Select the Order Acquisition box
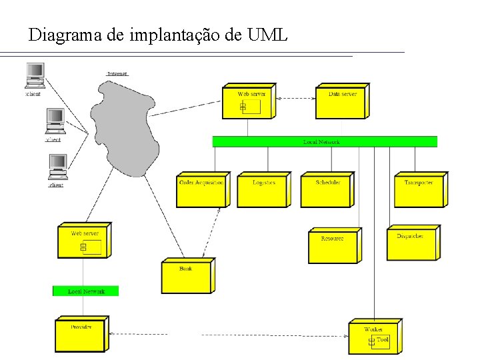click(201, 191)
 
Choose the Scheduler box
click(327, 191)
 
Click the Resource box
click(333, 247)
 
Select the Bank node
click(187, 277)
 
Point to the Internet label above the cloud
click(117, 73)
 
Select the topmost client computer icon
click(35, 75)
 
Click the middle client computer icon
click(55, 121)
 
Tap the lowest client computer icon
click(57, 167)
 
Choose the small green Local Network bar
click(85, 291)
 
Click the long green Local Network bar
click(325, 141)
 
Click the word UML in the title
click(267, 35)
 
